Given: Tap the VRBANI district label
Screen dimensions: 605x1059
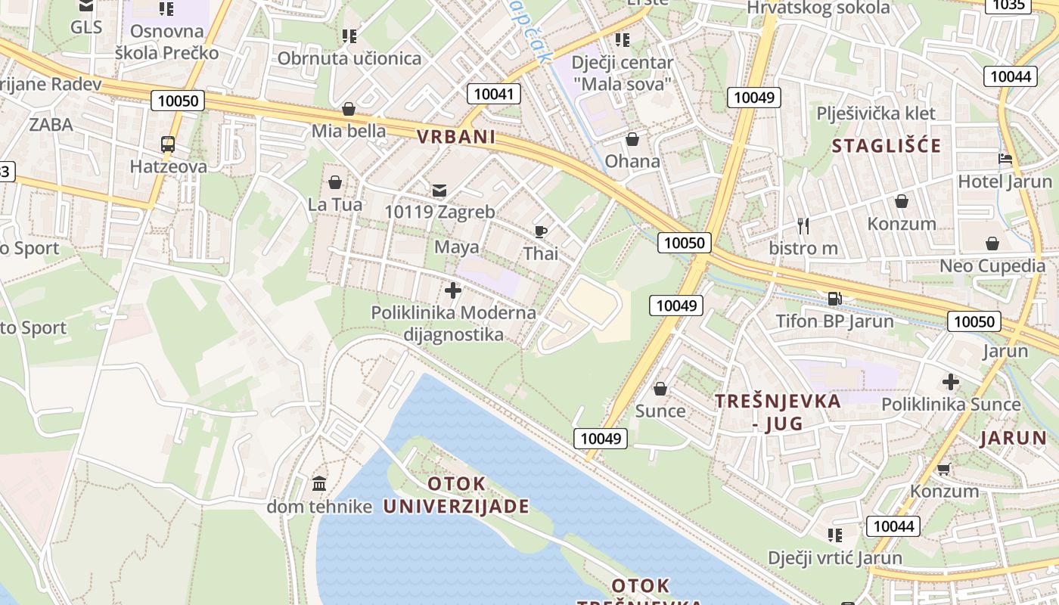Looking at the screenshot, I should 456,137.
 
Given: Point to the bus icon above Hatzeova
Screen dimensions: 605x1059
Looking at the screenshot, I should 168,144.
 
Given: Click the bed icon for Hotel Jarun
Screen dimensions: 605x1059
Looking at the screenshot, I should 1005,160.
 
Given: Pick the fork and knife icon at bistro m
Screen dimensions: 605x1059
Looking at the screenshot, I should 803,225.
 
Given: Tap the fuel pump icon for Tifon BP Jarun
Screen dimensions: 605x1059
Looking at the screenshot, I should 834,298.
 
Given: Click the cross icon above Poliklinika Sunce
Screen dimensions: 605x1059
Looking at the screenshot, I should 950,382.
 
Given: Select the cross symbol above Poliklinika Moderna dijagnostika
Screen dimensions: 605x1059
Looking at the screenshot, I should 453,290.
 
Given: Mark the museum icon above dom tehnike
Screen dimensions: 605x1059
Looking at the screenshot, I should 319,483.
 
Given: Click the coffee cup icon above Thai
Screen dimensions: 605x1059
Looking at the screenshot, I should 541,231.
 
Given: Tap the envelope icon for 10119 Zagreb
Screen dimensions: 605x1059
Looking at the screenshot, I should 439,190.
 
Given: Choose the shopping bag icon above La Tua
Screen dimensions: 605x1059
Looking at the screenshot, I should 335,182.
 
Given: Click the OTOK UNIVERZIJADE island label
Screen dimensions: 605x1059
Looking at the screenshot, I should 456,495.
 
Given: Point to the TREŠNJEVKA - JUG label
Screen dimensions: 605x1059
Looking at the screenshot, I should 778,412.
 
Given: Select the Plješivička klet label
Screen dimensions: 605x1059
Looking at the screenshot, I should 876,113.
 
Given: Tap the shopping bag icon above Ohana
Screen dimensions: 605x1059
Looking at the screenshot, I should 632,139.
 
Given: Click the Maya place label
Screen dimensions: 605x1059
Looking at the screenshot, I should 456,247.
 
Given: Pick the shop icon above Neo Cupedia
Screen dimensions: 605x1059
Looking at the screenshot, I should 992,244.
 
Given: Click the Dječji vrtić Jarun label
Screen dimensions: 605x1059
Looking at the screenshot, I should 835,558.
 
